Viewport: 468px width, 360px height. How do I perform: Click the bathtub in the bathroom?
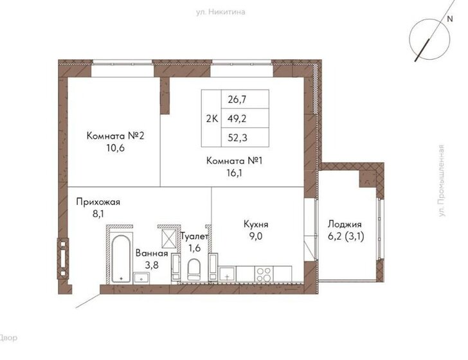(120, 259)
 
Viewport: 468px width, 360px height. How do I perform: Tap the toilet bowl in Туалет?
(194, 269)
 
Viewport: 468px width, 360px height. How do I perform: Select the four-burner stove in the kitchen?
(264, 274)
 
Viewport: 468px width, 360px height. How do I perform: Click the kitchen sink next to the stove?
(227, 274)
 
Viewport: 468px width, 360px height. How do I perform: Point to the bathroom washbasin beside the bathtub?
(141, 278)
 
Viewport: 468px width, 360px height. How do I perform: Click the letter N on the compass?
(450, 19)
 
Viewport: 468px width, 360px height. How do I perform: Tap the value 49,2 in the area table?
(237, 118)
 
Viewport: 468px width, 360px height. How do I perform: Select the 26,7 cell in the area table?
(237, 99)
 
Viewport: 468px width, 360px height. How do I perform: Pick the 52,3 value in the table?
(237, 138)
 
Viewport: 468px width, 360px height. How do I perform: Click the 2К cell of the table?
(212, 118)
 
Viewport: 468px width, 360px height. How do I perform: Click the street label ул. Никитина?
(221, 12)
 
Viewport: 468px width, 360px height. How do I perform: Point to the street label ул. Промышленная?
(442, 181)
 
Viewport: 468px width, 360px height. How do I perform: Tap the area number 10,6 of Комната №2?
(115, 148)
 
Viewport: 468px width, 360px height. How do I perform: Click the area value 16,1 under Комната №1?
(234, 172)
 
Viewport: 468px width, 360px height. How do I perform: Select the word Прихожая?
(98, 202)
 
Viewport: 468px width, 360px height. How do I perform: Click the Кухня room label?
(256, 224)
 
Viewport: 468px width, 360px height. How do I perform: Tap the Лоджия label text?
(345, 224)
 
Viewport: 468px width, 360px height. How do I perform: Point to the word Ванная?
(152, 253)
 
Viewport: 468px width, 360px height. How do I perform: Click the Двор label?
(8, 337)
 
